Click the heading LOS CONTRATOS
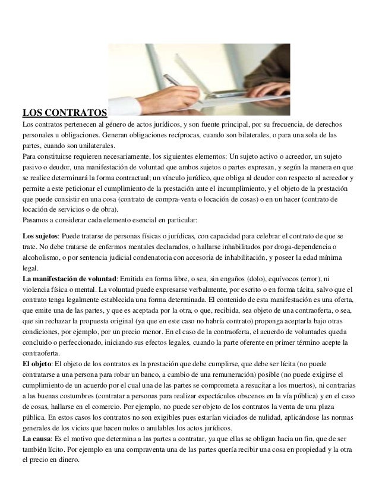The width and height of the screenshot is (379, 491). [64, 112]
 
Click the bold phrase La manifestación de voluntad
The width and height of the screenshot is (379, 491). [68, 279]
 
